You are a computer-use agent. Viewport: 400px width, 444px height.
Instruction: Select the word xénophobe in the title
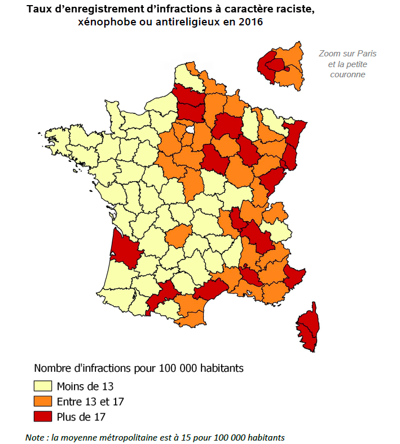click(108, 22)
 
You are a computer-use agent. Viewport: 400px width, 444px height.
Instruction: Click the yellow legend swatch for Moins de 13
click(43, 386)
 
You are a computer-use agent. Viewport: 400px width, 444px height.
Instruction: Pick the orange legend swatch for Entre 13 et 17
click(43, 402)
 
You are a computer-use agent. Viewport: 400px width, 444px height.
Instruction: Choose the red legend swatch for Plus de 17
click(43, 417)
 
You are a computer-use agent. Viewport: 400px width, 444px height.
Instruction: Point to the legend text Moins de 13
click(85, 386)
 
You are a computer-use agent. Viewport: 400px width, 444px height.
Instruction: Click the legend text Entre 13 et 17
click(90, 402)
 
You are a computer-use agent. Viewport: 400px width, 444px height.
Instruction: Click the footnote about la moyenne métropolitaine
click(155, 438)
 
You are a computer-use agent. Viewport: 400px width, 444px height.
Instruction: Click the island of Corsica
click(308, 327)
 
